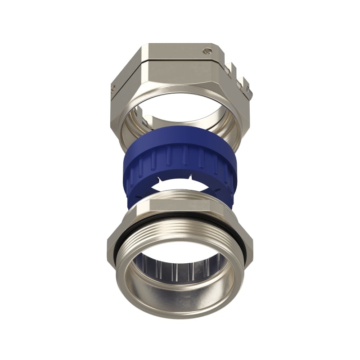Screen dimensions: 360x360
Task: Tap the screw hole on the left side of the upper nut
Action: pyautogui.click(x=113, y=87)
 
